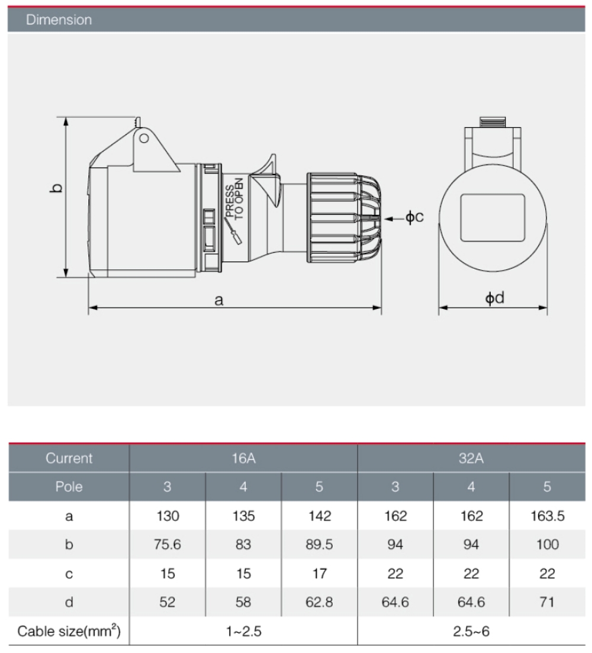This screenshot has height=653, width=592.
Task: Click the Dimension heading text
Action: point(59,20)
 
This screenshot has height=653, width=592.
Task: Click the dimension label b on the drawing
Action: point(57,188)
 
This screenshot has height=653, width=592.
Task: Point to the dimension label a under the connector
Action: point(219,300)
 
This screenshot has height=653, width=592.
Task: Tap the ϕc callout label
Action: point(414,217)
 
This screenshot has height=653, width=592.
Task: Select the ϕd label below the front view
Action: point(494,298)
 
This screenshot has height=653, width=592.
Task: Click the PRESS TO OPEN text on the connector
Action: point(234,198)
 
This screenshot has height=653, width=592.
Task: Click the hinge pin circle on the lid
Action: point(143,139)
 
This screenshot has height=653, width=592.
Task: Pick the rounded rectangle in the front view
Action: point(493,217)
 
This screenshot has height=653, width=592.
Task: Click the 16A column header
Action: point(243,458)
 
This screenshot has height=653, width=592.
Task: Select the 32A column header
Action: point(471,458)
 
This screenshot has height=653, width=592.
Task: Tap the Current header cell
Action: point(69,458)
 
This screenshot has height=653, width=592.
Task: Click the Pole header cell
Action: point(69,487)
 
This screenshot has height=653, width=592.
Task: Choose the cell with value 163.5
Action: point(547,516)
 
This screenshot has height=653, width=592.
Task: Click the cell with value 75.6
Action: point(168,545)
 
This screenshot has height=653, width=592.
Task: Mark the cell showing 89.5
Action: point(319,545)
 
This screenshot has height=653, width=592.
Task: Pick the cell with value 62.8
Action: point(319,602)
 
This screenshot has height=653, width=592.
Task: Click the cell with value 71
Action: point(547,602)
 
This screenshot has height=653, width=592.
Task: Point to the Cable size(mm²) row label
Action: point(69,631)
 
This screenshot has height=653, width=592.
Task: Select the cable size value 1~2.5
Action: point(243,631)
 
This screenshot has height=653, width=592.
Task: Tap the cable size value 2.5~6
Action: point(471,631)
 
